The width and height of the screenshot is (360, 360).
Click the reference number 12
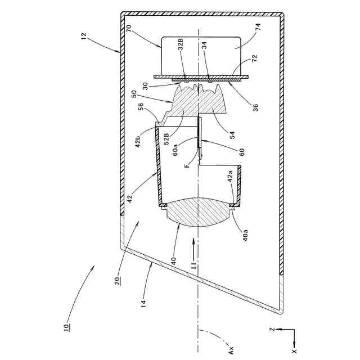click(84, 36)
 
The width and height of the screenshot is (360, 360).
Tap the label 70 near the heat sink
click(129, 29)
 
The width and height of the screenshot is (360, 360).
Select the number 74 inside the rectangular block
click(258, 27)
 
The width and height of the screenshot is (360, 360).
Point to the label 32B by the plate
click(181, 44)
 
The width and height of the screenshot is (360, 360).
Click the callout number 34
click(204, 45)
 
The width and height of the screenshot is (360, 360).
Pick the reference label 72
click(255, 58)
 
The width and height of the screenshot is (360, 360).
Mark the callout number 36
click(255, 107)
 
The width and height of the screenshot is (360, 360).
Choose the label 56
click(141, 106)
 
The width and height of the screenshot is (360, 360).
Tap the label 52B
click(167, 139)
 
